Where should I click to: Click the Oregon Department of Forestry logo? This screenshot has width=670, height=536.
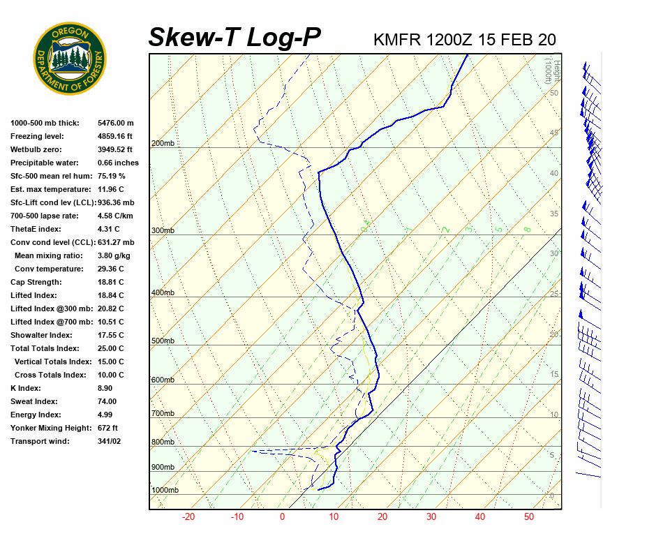[70, 59]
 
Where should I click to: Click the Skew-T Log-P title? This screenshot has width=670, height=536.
[234, 37]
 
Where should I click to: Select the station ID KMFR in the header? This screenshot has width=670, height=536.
[397, 39]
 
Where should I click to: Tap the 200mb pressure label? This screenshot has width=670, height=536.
[163, 144]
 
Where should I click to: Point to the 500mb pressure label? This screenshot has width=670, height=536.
[163, 341]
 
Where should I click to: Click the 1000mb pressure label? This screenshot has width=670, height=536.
[165, 491]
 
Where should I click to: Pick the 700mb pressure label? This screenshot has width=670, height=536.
[163, 414]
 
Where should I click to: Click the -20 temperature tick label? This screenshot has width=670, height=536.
[188, 517]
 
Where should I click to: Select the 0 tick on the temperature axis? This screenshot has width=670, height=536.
[283, 517]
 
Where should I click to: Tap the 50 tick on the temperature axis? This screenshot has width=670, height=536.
[529, 517]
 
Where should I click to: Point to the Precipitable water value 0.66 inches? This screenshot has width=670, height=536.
[118, 163]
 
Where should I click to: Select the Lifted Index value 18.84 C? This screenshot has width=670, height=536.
[110, 295]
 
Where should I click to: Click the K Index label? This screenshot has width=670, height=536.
[27, 388]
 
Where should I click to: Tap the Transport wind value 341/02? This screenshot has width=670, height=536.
[109, 441]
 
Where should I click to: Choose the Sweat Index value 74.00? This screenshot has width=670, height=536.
[107, 401]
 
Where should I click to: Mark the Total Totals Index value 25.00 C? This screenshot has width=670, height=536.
[110, 348]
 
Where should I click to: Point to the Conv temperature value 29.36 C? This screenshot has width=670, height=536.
[110, 269]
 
